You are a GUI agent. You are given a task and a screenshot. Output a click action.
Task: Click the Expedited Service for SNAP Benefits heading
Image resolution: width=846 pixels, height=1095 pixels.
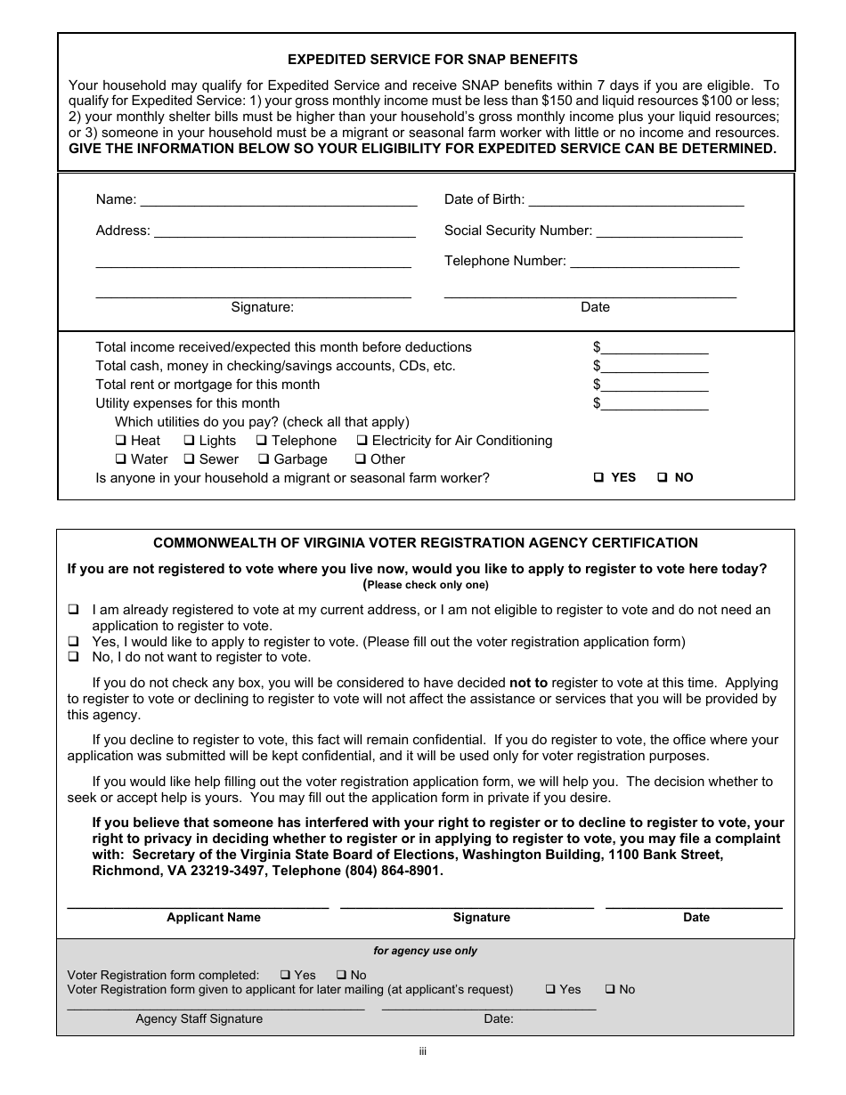432,60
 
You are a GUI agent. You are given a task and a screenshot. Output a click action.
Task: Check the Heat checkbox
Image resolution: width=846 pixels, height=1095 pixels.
120,441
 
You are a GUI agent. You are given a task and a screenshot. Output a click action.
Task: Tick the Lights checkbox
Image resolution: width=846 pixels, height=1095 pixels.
189,441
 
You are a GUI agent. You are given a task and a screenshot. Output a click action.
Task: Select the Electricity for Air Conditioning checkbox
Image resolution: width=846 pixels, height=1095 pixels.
362,441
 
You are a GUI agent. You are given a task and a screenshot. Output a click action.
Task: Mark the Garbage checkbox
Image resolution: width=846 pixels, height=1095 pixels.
264,459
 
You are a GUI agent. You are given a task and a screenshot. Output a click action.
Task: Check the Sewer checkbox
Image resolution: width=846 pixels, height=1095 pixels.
189,459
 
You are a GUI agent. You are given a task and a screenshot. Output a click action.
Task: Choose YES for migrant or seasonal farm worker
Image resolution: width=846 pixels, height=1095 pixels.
599,478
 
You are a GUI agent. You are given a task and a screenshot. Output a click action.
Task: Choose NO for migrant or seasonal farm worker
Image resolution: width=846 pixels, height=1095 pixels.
663,478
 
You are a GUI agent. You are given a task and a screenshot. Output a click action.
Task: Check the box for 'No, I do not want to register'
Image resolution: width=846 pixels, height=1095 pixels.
73,657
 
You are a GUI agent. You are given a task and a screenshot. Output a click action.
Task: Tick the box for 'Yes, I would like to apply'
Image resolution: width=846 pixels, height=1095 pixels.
73,642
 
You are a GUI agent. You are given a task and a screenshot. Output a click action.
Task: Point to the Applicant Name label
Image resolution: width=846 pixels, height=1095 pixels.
214,918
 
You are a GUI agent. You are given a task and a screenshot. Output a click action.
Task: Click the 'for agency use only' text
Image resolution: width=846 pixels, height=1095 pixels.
425,951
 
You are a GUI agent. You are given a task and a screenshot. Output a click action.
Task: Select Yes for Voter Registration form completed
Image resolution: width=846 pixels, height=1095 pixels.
285,975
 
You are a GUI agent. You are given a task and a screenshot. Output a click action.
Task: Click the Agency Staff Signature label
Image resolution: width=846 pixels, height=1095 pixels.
199,1019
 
